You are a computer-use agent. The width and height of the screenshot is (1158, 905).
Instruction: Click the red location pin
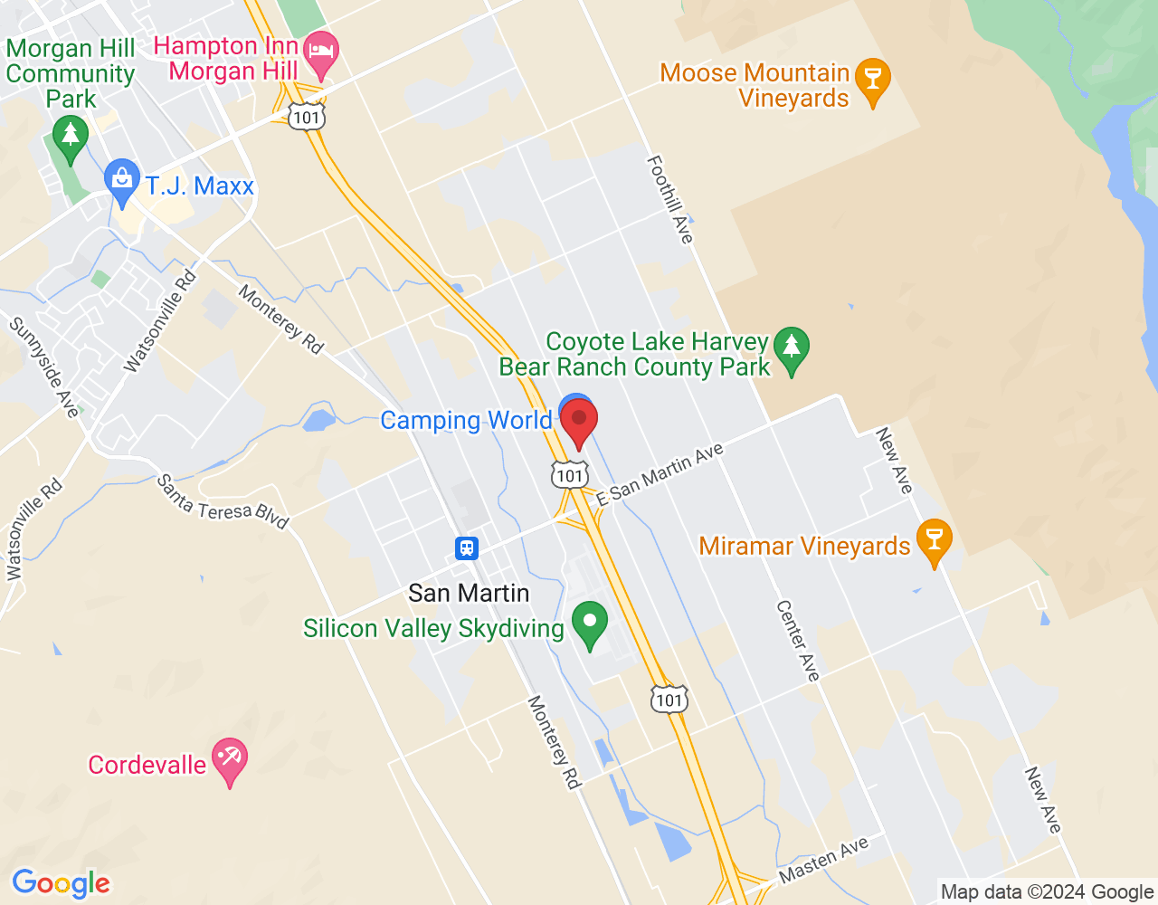pyautogui.click(x=579, y=423)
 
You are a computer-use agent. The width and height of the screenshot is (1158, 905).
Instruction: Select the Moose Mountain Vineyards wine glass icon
pyautogui.click(x=873, y=80)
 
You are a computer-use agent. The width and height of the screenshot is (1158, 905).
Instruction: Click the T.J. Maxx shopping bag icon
pyautogui.click(x=121, y=180)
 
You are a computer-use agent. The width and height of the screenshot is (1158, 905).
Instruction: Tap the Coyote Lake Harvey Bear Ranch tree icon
pyautogui.click(x=792, y=348)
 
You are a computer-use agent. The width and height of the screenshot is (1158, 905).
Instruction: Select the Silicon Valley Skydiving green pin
pyautogui.click(x=590, y=623)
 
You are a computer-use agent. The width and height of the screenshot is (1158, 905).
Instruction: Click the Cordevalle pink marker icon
pyautogui.click(x=229, y=760)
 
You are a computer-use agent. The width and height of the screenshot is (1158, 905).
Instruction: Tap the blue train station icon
pyautogui.click(x=467, y=548)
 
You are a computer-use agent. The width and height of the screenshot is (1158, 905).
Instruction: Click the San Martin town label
pyautogui.click(x=469, y=593)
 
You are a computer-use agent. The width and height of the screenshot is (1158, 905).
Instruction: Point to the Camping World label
pyautogui.click(x=465, y=421)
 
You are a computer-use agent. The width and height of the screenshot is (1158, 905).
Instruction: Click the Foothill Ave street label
pyautogui.click(x=670, y=199)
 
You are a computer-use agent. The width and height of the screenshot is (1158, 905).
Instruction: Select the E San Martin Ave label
pyautogui.click(x=660, y=473)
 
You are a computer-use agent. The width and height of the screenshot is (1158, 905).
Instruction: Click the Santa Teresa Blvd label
pyautogui.click(x=223, y=502)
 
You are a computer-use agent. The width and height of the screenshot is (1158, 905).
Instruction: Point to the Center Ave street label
pyautogui.click(x=798, y=640)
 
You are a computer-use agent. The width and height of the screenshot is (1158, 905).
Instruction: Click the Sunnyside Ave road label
pyautogui.click(x=44, y=367)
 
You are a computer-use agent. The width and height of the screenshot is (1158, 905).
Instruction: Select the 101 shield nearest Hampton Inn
pyautogui.click(x=307, y=117)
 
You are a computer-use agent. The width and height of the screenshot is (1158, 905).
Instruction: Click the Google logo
pyautogui.click(x=62, y=883)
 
